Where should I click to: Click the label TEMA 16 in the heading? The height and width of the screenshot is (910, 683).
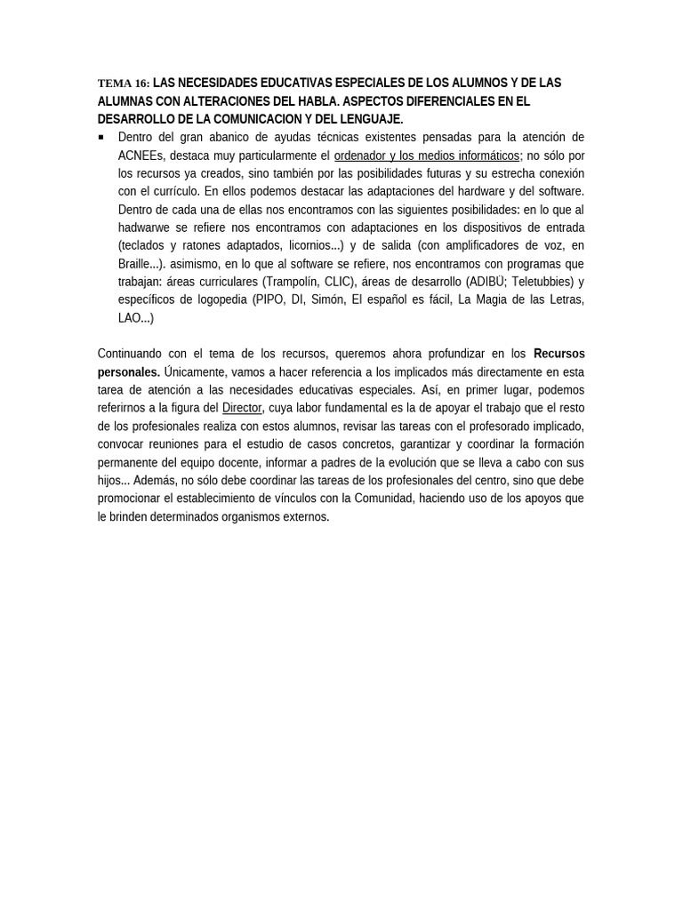pos(123,84)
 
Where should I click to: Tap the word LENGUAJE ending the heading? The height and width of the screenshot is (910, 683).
pos(371,119)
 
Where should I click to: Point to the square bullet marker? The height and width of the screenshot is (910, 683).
pos(101,137)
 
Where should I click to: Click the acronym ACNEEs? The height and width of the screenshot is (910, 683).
pos(141,156)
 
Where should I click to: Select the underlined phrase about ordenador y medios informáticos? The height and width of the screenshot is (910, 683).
pos(426,156)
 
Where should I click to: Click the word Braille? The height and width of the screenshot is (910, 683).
pos(137,264)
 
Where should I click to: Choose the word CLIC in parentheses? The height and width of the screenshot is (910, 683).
pos(338,282)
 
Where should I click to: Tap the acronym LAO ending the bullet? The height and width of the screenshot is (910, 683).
pos(130,318)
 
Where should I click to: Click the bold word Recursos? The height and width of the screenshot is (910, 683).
pos(558,354)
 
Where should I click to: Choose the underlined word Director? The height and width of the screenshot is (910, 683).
pos(242,408)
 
